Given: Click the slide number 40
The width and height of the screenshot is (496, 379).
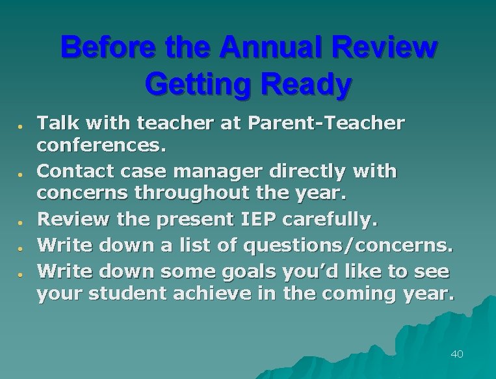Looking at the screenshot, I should (456, 354).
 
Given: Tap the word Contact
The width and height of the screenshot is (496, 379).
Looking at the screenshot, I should (73, 171).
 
